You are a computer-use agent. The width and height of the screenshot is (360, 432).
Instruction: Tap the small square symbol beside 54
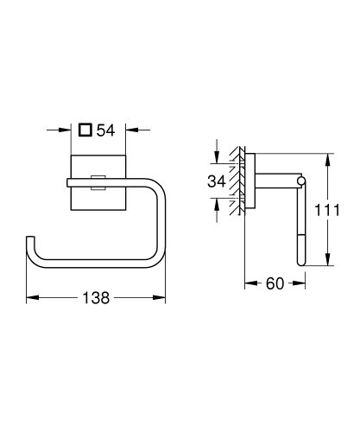click(84, 131)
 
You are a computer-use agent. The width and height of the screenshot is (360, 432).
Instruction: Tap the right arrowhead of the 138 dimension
click(160, 298)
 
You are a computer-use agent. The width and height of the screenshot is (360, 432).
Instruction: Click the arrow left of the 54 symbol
click(64, 131)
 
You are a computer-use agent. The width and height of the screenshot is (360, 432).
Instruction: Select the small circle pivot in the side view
click(300, 180)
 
